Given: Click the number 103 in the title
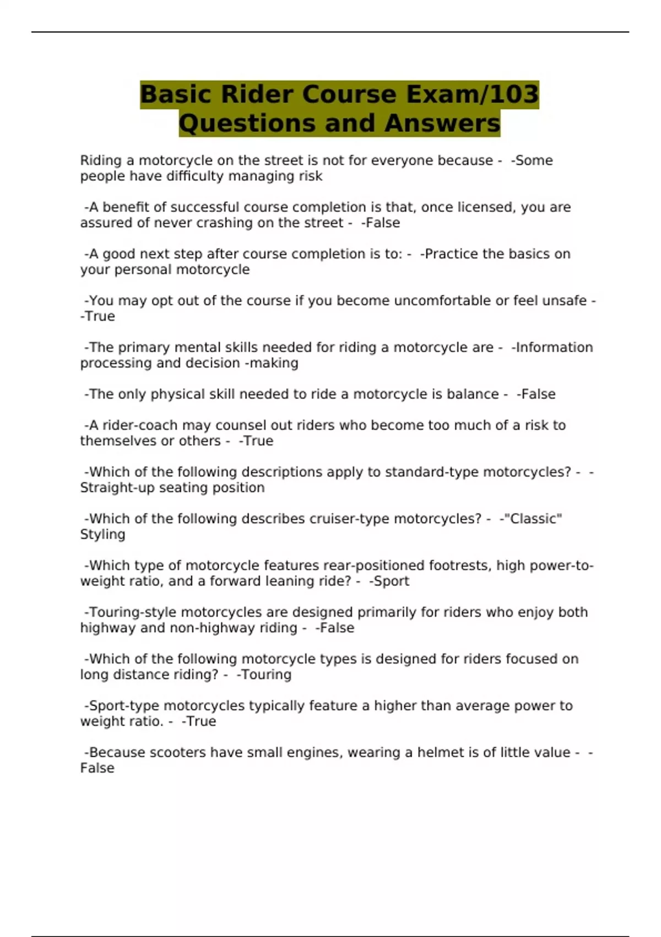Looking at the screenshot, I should (x=513, y=94).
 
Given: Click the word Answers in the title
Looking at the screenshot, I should (x=442, y=123).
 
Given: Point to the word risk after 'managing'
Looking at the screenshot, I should (x=310, y=176).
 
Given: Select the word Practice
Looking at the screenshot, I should (x=452, y=254).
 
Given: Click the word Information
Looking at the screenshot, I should (x=554, y=348).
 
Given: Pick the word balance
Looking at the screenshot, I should (x=472, y=395).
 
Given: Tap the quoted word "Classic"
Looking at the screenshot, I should (x=533, y=519).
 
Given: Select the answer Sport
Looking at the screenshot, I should (x=391, y=581).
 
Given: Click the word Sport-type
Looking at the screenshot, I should (x=124, y=706).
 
